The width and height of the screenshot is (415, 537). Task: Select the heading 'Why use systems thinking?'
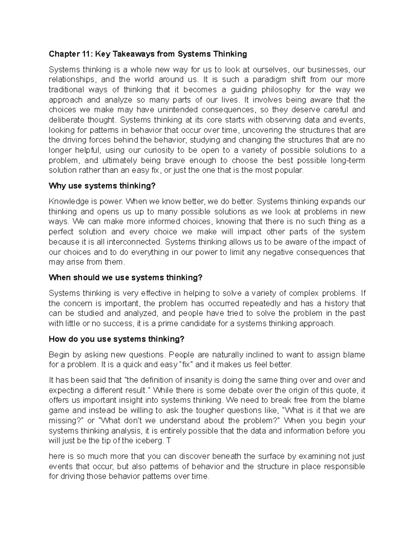coord(102,186)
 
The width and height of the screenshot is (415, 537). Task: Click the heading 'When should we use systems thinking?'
coord(125,278)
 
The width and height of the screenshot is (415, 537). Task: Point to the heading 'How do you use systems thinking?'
coord(117,339)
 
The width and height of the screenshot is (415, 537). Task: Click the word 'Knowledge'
coord(68,202)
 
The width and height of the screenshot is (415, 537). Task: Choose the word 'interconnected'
coord(134,242)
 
